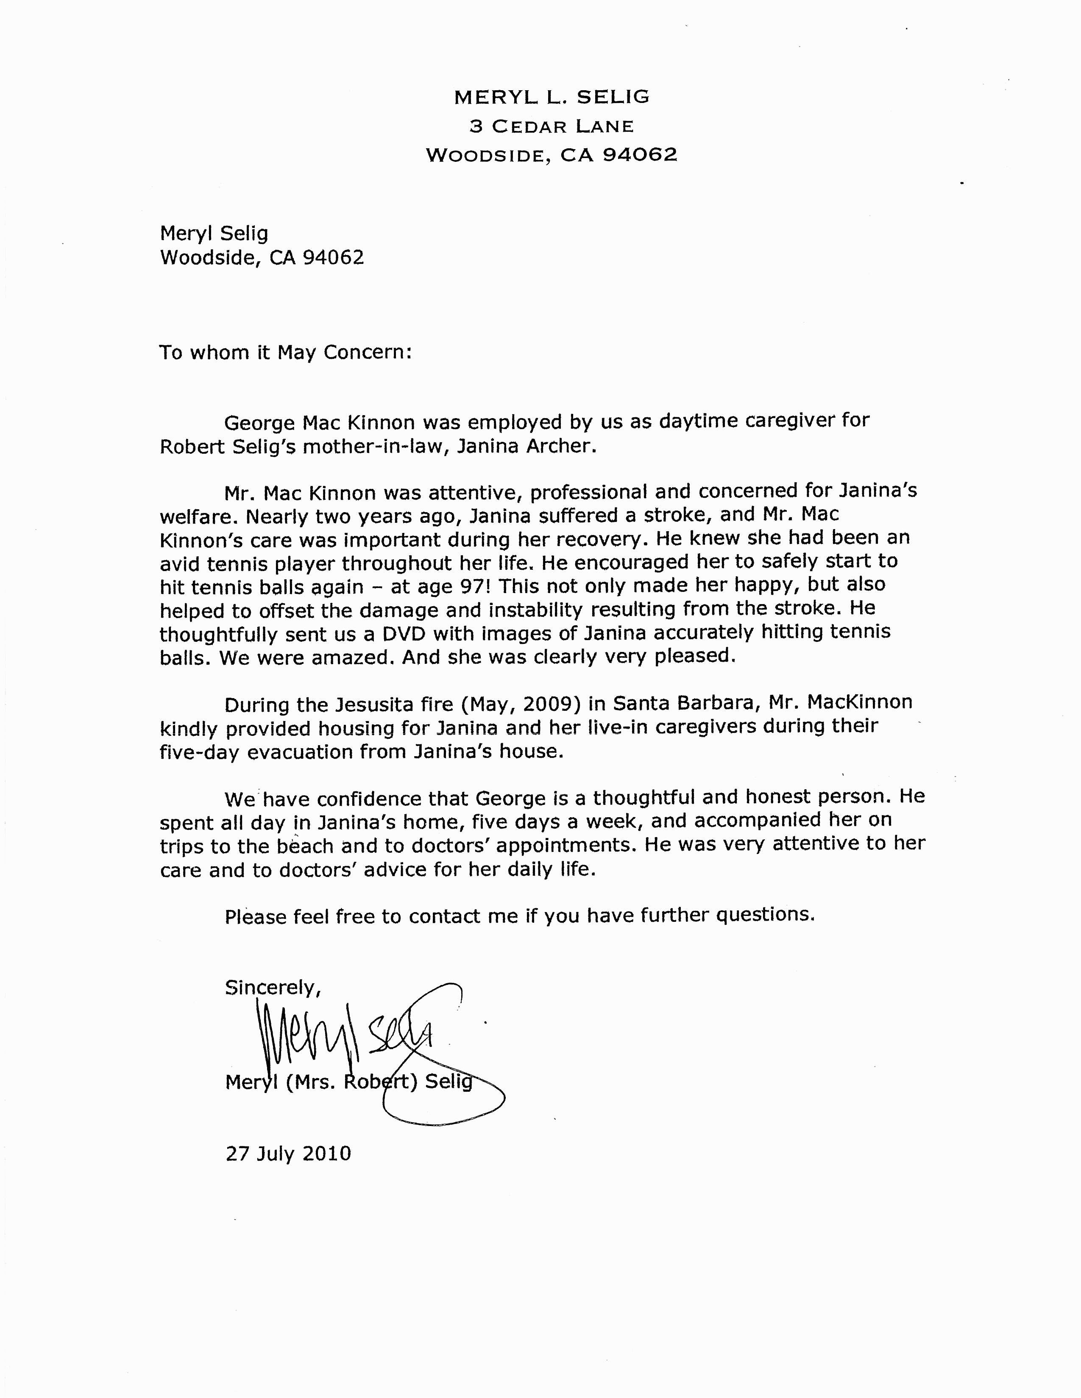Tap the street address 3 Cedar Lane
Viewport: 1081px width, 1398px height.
pos(552,126)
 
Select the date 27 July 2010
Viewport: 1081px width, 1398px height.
pos(288,1154)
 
